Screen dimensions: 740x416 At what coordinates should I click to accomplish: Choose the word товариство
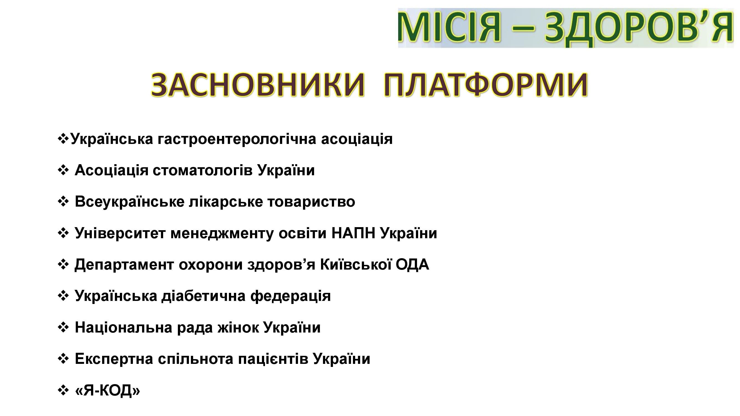(x=311, y=202)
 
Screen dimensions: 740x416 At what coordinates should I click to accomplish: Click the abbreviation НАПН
(x=353, y=233)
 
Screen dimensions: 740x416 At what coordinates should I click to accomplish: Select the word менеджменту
(x=222, y=234)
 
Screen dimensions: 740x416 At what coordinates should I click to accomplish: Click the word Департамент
(x=124, y=265)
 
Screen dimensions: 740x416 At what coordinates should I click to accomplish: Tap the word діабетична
(x=203, y=296)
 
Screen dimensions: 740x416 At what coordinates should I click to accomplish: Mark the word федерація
(x=291, y=296)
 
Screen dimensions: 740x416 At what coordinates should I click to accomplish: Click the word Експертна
(x=114, y=359)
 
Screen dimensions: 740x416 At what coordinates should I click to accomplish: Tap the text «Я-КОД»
(x=107, y=390)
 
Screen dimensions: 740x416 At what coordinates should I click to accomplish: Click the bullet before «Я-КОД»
(x=63, y=390)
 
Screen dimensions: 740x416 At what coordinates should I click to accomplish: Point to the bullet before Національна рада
(x=63, y=327)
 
